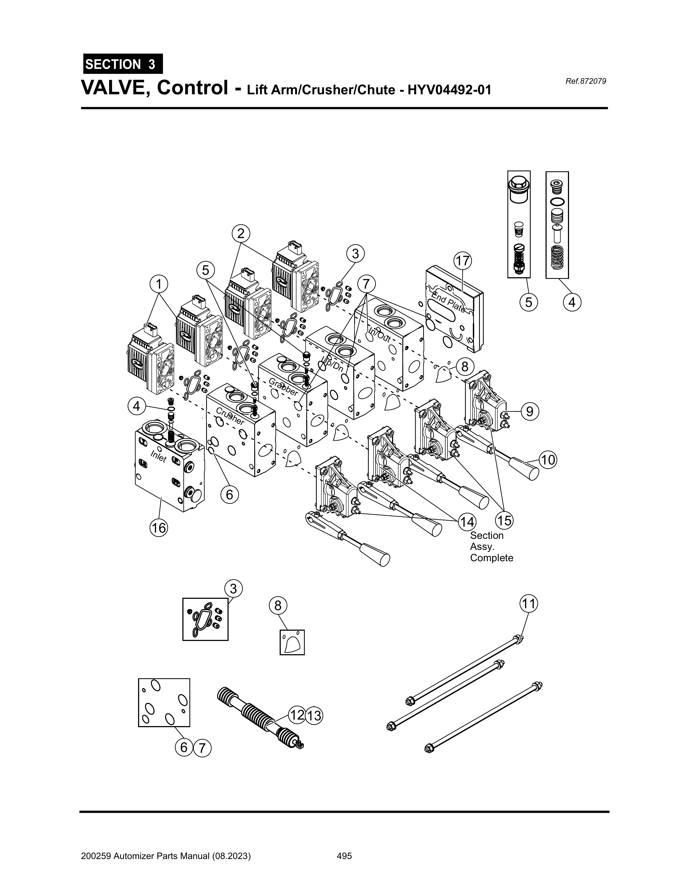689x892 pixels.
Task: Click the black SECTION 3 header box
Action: (122, 64)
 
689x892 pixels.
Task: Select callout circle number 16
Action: (158, 528)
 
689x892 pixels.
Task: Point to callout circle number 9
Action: (529, 411)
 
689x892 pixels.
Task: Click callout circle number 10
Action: (548, 460)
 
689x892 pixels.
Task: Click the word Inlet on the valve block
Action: (158, 456)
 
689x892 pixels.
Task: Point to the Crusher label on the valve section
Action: (230, 416)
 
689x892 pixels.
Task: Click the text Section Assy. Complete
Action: (491, 546)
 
